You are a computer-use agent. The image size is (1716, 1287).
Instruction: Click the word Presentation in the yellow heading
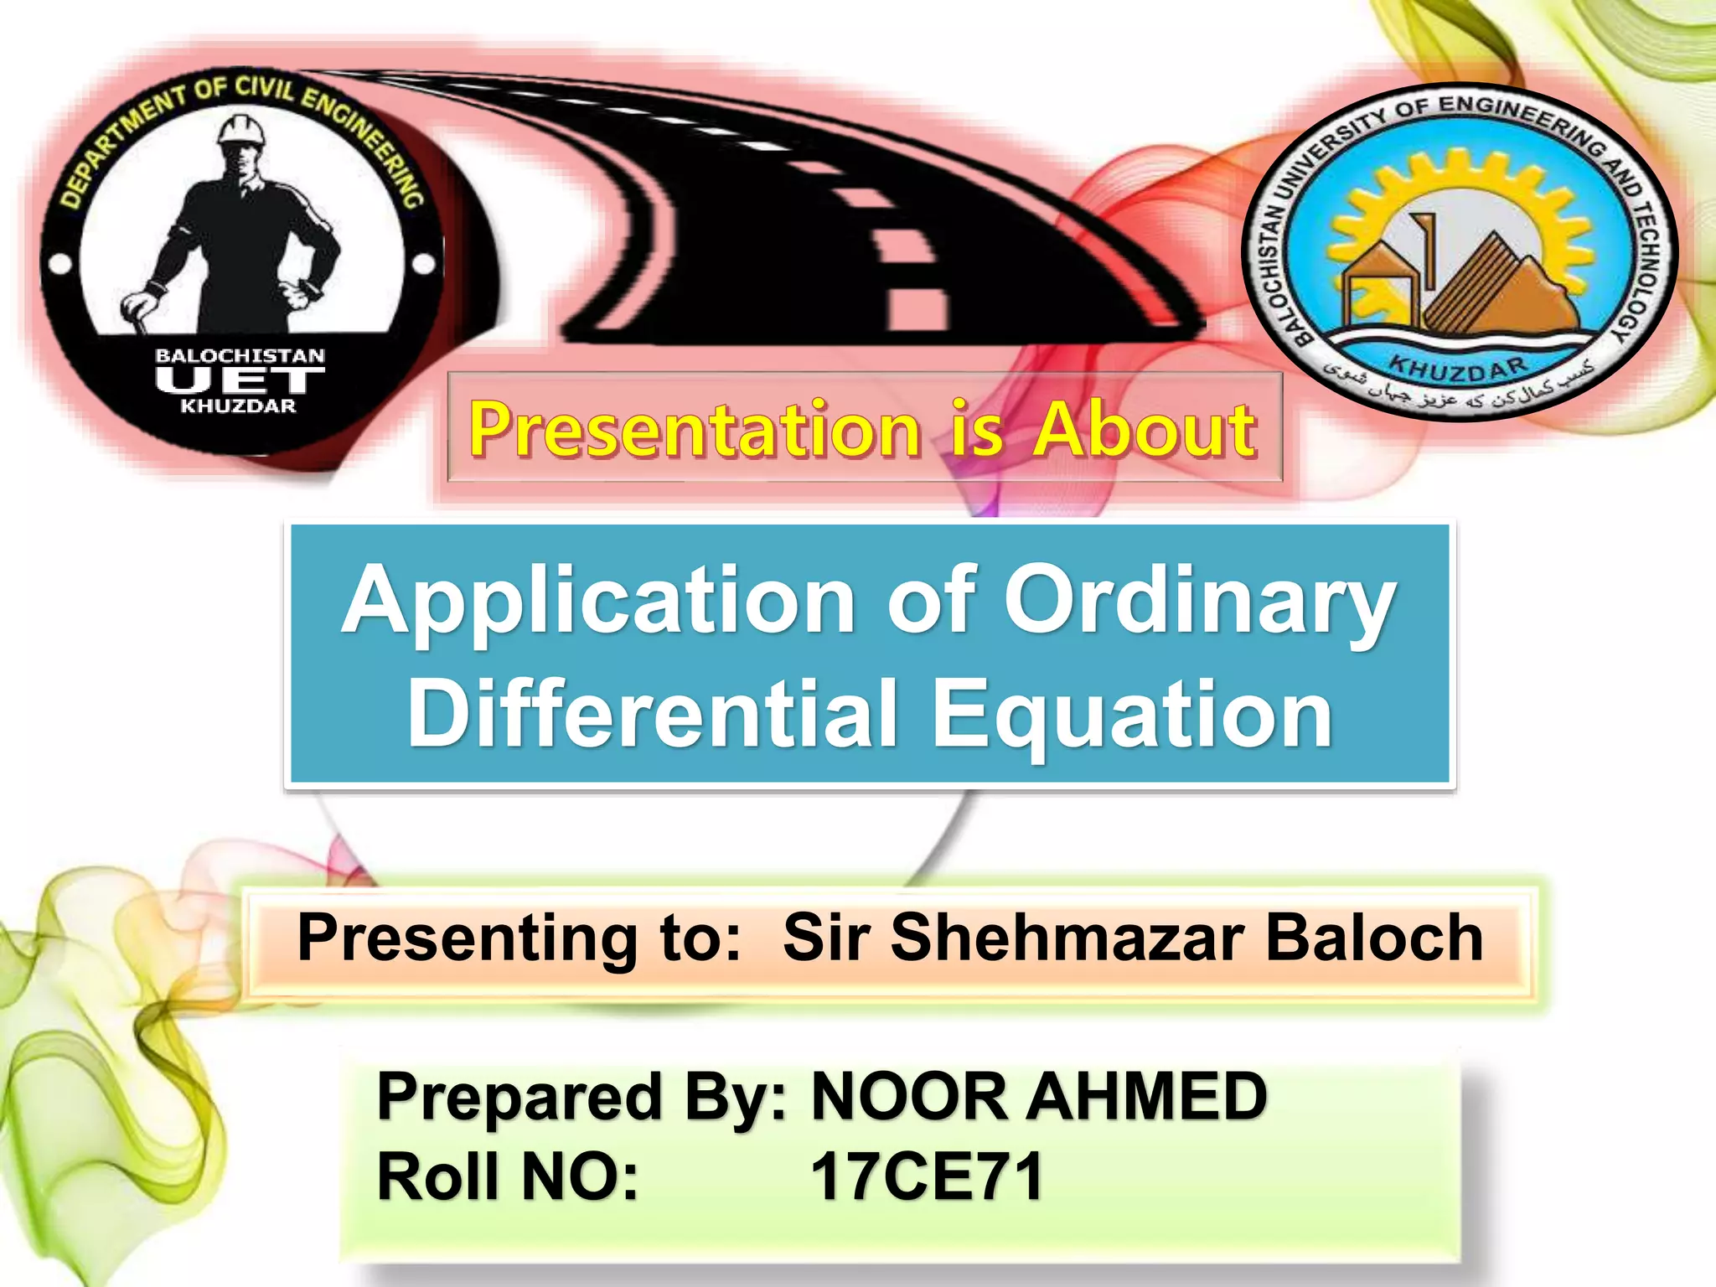tap(695, 429)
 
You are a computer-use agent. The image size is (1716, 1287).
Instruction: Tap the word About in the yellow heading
tap(1144, 429)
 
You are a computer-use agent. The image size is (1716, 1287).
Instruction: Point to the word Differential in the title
tap(653, 714)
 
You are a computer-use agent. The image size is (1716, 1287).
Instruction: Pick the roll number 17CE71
tap(926, 1176)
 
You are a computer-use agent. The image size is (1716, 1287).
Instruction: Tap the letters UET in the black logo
tap(240, 381)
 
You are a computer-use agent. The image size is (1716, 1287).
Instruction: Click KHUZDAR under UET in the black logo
tap(239, 406)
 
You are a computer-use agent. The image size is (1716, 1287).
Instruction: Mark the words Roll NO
tap(508, 1176)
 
